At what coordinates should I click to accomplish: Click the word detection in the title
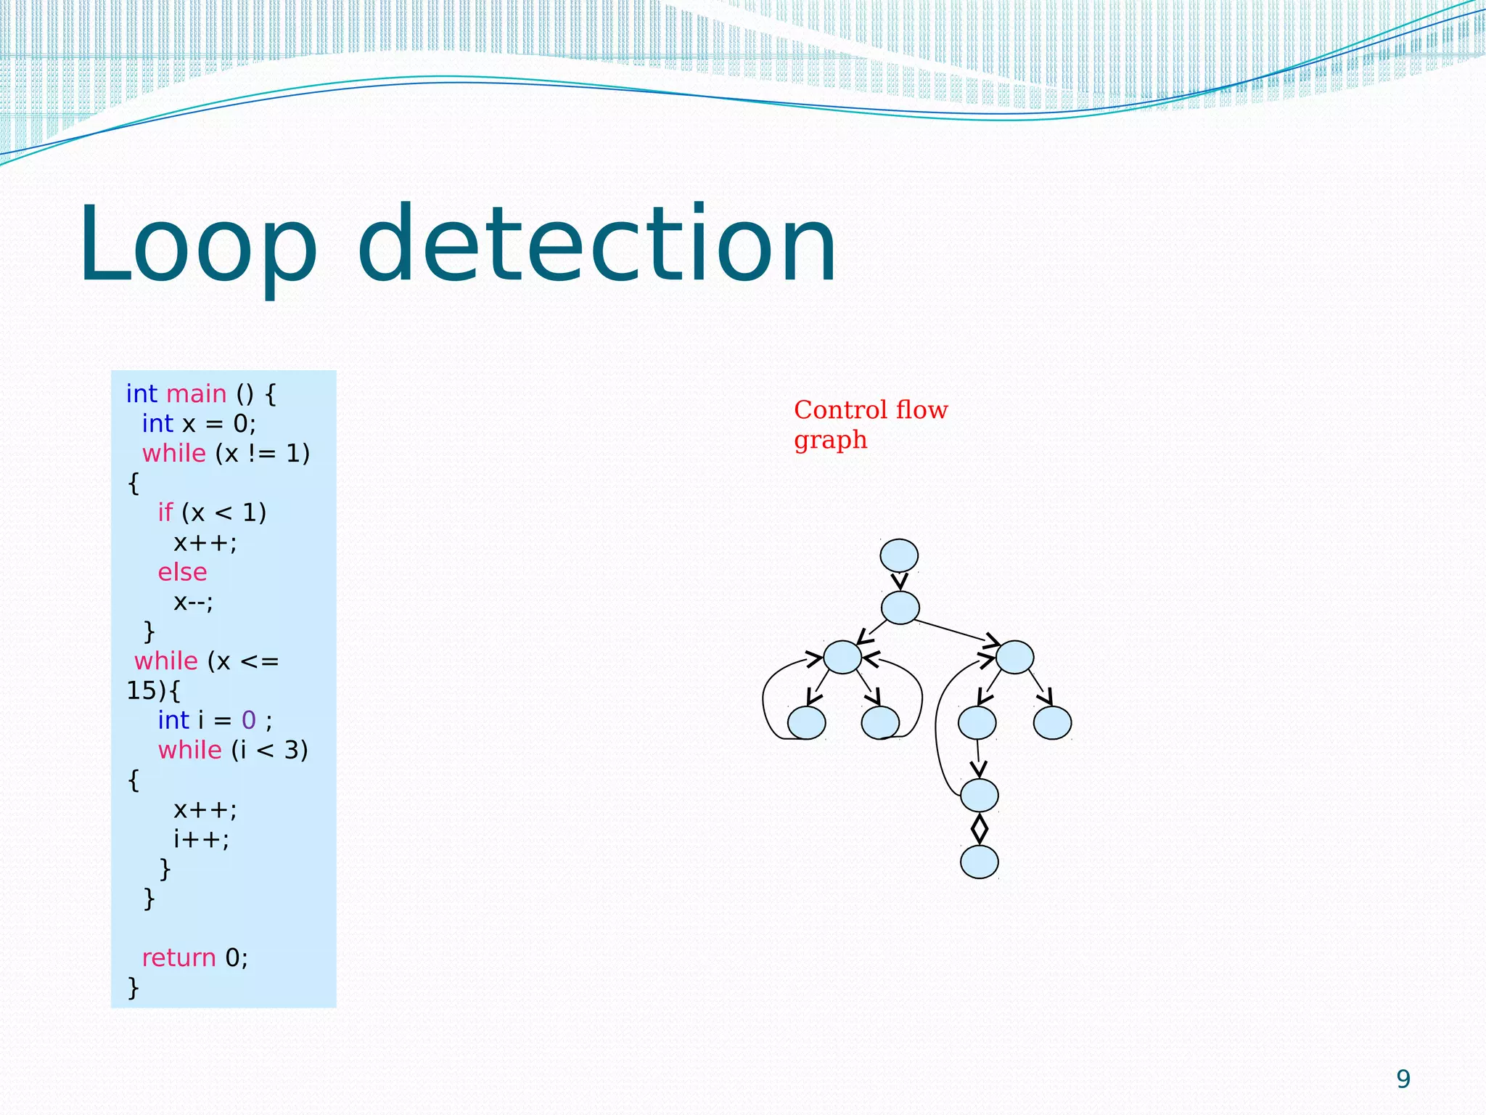[x=596, y=244]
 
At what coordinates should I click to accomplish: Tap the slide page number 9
[x=1403, y=1079]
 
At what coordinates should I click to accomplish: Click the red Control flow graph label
[x=870, y=424]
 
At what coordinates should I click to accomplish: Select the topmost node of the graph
[x=899, y=556]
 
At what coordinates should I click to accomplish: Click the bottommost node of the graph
[x=979, y=862]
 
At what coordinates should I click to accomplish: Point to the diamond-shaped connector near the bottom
[x=979, y=828]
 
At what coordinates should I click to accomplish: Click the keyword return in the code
[x=178, y=957]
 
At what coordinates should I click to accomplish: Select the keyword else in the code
[x=182, y=572]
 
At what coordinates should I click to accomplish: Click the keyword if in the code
[x=165, y=512]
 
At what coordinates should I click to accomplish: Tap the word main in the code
[x=197, y=393]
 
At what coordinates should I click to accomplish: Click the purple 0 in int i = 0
[x=248, y=720]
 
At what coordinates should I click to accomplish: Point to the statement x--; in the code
[x=193, y=602]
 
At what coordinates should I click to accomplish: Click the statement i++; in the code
[x=201, y=839]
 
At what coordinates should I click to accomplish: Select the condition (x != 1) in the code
[x=263, y=453]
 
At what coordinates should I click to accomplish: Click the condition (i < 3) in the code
[x=270, y=750]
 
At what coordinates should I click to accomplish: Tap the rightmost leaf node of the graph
[x=1052, y=722]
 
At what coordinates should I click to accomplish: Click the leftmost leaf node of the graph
[x=806, y=722]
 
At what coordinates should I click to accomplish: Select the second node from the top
[x=900, y=608]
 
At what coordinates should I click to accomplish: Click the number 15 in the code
[x=141, y=690]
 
